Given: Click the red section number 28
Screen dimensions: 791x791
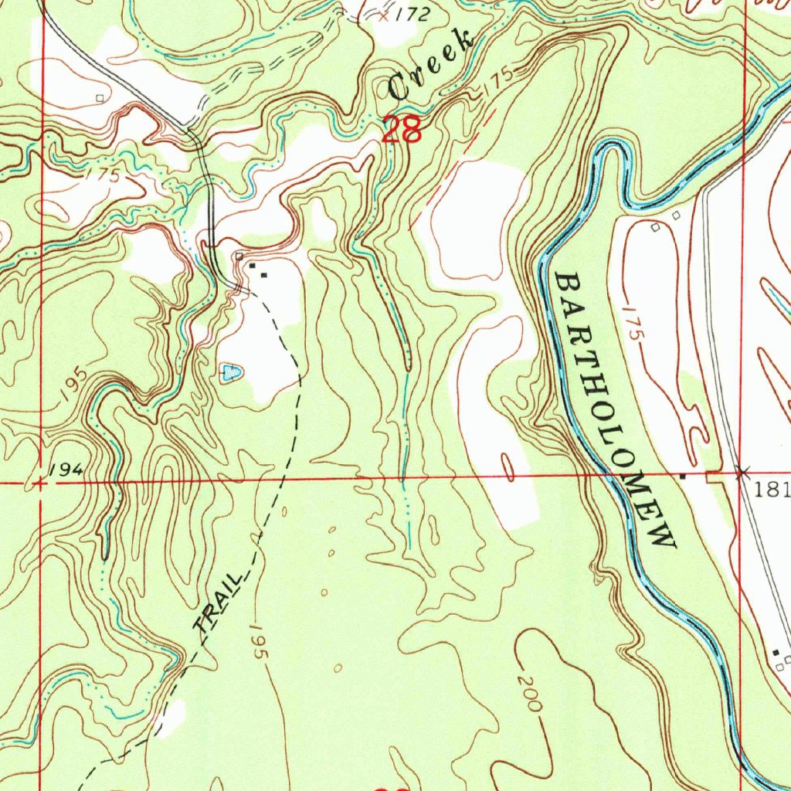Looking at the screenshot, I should pyautogui.click(x=402, y=129).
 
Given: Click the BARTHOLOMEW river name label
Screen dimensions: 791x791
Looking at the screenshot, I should pyautogui.click(x=615, y=410).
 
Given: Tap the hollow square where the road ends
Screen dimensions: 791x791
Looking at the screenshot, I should pyautogui.click(x=239, y=256).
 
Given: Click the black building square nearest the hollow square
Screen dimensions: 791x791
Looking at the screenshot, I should pyautogui.click(x=252, y=266).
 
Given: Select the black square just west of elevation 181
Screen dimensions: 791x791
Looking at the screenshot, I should pyautogui.click(x=682, y=477).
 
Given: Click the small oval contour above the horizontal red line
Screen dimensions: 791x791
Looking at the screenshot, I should pyautogui.click(x=508, y=466).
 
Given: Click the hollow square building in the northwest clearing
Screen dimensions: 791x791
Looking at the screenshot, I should pyautogui.click(x=100, y=97).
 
